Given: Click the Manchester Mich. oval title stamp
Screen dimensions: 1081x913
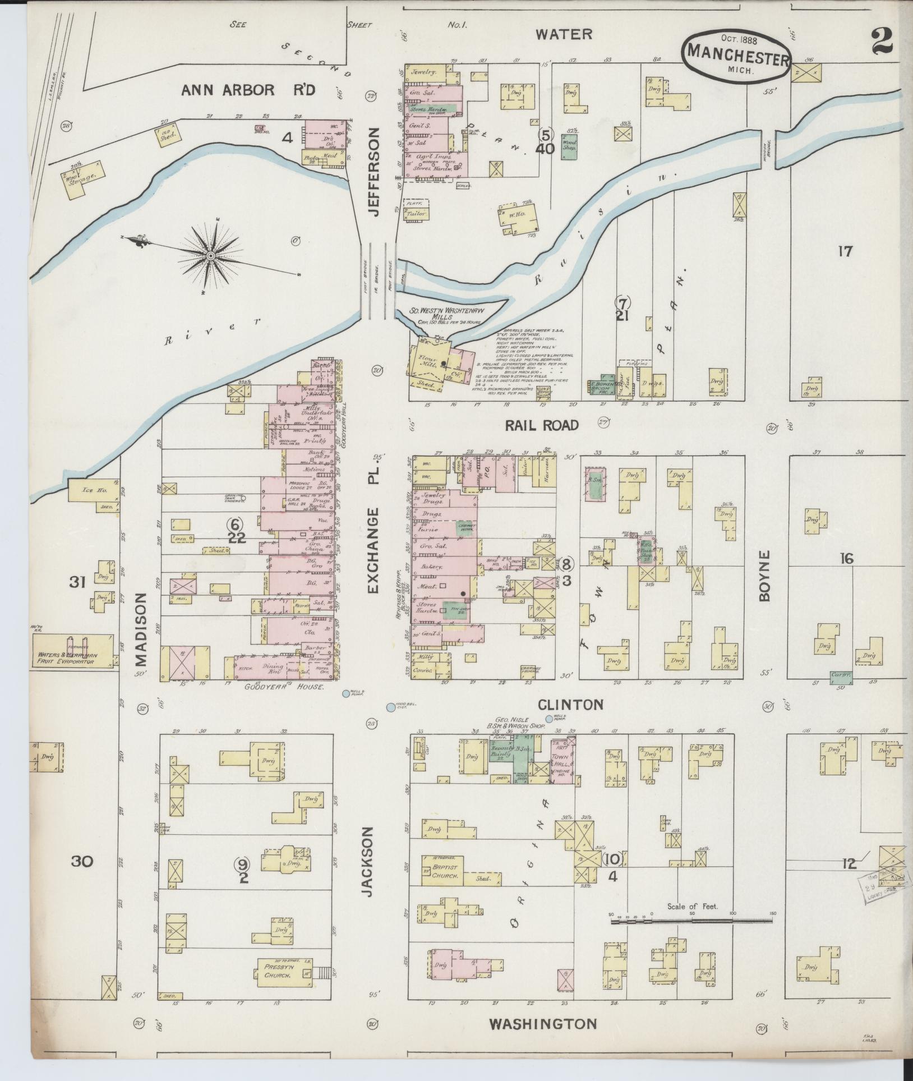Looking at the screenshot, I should click(x=737, y=55).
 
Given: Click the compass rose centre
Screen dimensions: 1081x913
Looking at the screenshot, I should click(x=210, y=256).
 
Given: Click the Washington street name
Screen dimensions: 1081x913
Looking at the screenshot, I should click(x=543, y=1023).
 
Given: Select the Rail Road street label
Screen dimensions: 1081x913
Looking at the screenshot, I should click(x=541, y=425).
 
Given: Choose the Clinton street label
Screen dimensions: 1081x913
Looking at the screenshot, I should click(x=571, y=705).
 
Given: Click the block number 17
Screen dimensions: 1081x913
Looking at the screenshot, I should click(x=845, y=252).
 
